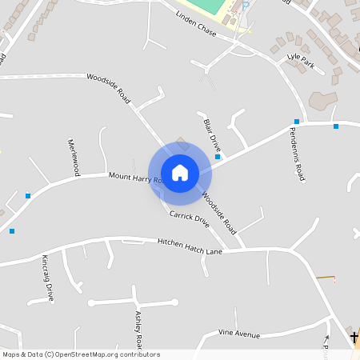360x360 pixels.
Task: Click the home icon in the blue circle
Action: pyautogui.click(x=180, y=172)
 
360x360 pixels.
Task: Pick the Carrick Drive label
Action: pyautogui.click(x=189, y=218)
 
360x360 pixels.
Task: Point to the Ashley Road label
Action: pyautogui.click(x=139, y=330)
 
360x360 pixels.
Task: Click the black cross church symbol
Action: pyautogui.click(x=354, y=338)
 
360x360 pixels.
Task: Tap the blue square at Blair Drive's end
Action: pyautogui.click(x=218, y=158)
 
